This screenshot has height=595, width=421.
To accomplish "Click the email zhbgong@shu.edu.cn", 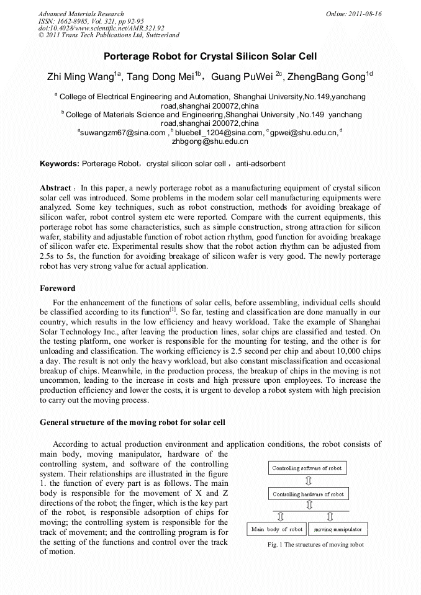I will pyautogui.click(x=210, y=141).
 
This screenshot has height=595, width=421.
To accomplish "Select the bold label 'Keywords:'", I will pyautogui.click(x=60, y=164).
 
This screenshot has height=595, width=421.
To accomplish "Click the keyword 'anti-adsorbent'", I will pyautogui.click(x=261, y=164).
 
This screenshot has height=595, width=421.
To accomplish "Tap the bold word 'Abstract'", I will pyautogui.click(x=55, y=188).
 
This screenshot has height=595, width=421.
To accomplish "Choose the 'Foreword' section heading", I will pyautogui.click(x=57, y=289).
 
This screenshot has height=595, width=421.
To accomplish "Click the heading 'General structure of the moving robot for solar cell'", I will pyautogui.click(x=132, y=422).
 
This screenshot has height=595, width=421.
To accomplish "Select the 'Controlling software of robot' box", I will pyautogui.click(x=307, y=468).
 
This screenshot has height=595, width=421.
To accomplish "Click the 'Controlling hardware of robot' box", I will pyautogui.click(x=308, y=494).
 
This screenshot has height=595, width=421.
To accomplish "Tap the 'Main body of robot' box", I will pyautogui.click(x=277, y=529).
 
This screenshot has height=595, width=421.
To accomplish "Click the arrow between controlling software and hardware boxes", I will pyautogui.click(x=308, y=481).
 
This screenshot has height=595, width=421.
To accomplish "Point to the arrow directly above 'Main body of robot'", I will pyautogui.click(x=280, y=516).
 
